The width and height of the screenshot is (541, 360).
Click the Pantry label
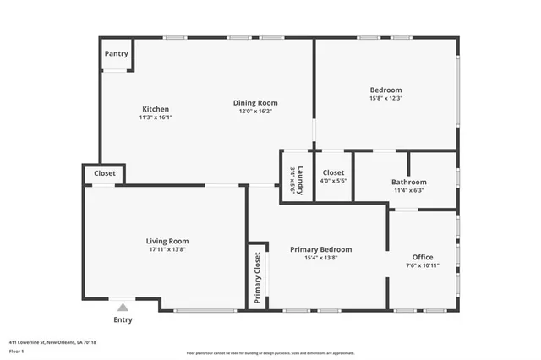point(116,54)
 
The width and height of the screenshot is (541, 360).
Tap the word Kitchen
point(156,109)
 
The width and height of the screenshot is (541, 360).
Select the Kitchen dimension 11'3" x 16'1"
point(156,117)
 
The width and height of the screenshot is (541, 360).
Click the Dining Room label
point(255,103)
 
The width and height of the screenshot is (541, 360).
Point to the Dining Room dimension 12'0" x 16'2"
point(255,112)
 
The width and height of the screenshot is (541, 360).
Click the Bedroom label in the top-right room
point(385,90)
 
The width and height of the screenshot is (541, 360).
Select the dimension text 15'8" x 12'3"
point(385,99)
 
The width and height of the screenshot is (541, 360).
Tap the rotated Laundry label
point(298,180)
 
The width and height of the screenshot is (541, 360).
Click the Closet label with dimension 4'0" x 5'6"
point(333,172)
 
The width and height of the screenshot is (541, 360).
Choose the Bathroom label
point(408,182)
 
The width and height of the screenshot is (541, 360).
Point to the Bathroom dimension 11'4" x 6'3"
point(408,190)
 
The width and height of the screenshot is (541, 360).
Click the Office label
point(423,257)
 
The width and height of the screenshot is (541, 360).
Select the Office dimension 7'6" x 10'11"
point(423,265)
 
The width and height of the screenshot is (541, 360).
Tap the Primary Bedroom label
point(320,249)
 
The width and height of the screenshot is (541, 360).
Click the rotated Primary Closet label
point(258,278)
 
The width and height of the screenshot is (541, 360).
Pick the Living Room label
point(167,241)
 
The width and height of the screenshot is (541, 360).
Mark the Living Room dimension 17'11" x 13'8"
point(167,249)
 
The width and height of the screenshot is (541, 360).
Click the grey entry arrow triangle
point(123,308)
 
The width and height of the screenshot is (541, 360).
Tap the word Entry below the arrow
point(123,319)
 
